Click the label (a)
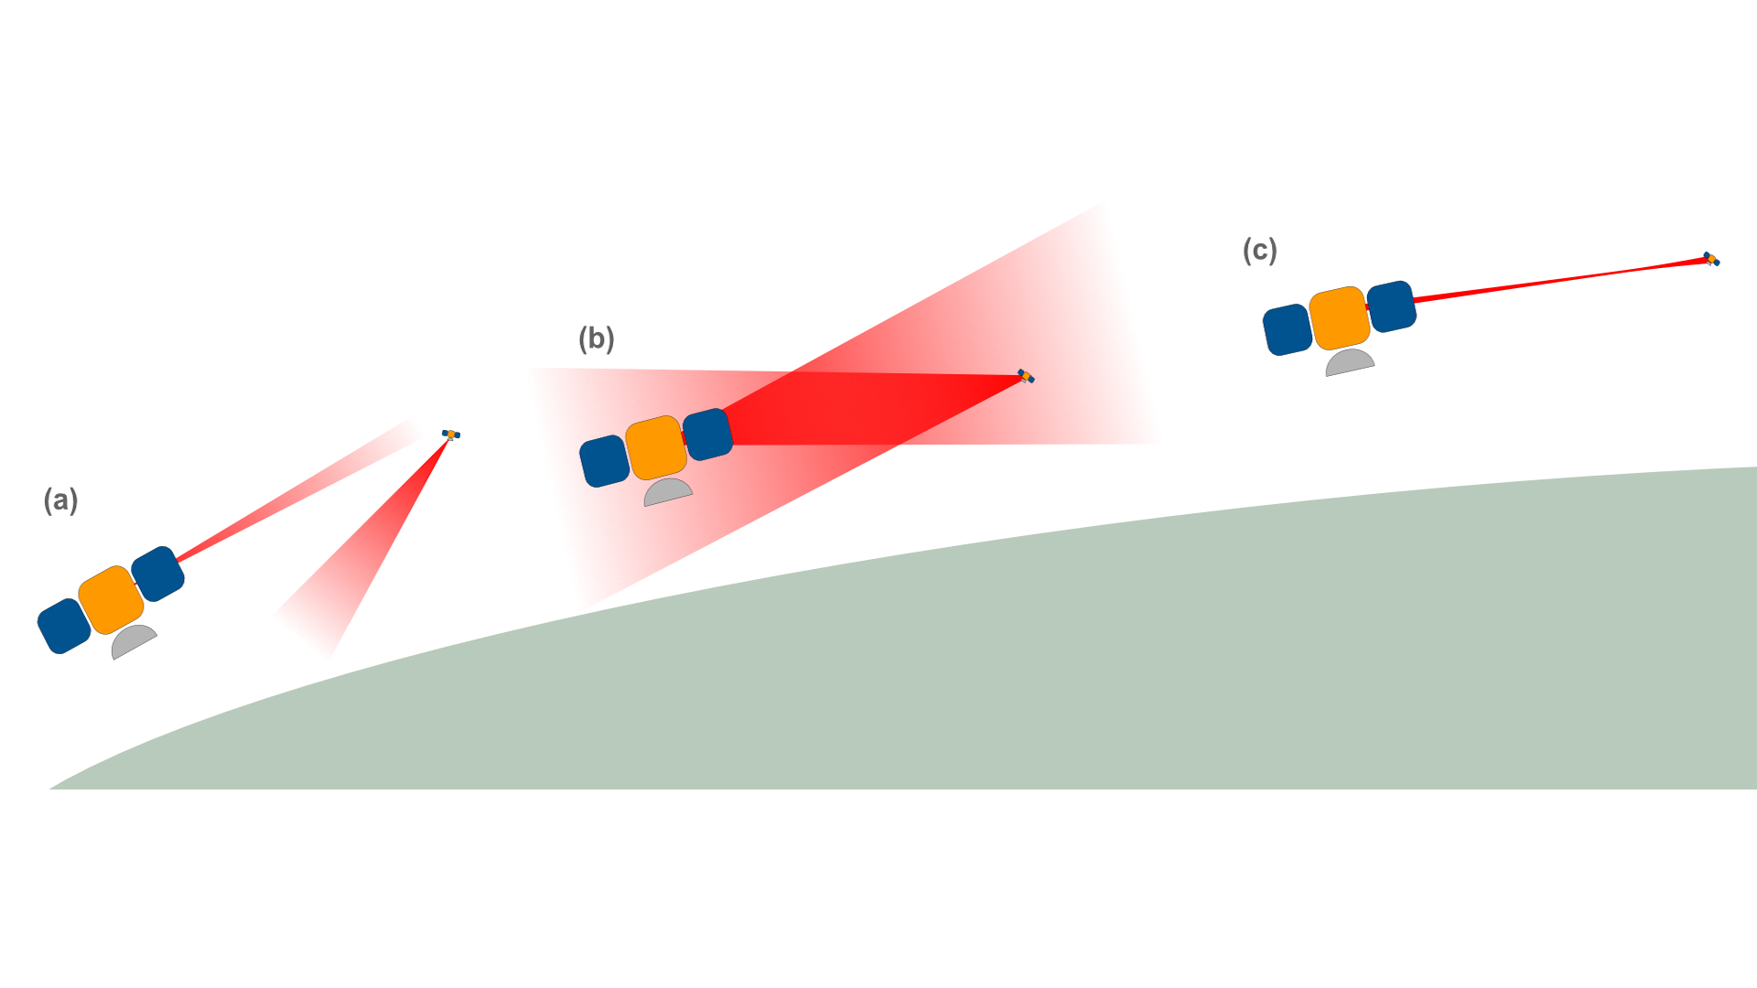point(60,499)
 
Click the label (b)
point(596,338)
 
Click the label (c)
point(1259,250)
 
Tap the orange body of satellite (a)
point(111,599)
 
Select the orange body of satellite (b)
point(655,447)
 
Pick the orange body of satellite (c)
point(1340,317)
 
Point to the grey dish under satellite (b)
point(667,492)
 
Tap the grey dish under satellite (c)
point(1349,362)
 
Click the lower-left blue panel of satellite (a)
point(64,627)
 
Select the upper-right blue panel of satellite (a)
point(158,574)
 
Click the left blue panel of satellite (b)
point(604,461)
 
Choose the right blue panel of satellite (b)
point(707,434)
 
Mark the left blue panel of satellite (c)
point(1288,329)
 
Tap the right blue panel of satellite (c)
point(1391,306)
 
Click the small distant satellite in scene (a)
point(451,434)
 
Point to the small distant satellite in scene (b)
point(1026,376)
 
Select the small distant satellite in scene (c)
point(1710,259)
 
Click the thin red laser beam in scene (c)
point(1556,280)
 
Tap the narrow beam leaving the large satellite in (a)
point(275,510)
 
